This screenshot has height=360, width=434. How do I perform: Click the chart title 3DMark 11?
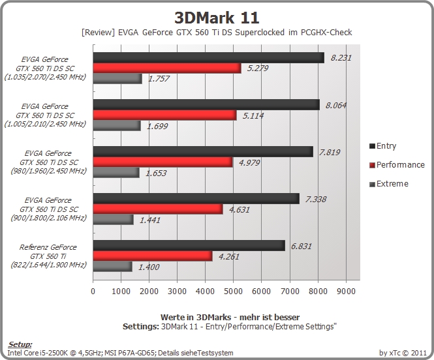217,18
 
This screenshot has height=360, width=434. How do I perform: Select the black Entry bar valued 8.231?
209,58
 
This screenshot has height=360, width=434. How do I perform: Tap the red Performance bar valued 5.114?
164,115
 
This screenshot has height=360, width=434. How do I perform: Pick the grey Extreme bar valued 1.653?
116,173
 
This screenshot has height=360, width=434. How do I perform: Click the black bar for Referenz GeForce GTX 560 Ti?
189,245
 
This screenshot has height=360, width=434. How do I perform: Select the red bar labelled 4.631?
158,209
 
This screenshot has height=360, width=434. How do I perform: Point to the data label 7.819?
330,152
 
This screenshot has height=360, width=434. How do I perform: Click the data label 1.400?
149,267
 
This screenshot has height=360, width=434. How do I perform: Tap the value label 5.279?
257,68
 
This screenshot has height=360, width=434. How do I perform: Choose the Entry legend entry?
383,145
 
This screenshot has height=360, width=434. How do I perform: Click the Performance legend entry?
397,165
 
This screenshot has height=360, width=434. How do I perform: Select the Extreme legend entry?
389,184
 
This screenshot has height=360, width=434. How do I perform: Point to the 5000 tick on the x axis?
234,291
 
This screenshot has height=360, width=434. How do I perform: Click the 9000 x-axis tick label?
346,291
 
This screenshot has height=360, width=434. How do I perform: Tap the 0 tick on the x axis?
93,291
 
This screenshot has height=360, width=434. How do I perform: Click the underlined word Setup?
20,344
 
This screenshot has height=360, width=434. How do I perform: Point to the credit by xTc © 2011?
403,353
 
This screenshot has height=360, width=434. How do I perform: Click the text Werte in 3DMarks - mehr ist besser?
230,317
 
